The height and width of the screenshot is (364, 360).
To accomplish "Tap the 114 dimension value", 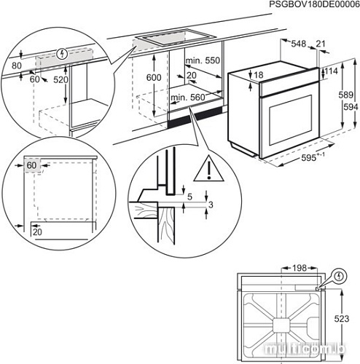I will [x=332, y=71].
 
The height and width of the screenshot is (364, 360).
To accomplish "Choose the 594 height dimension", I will [x=351, y=106].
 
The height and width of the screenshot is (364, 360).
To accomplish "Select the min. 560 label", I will [x=187, y=96].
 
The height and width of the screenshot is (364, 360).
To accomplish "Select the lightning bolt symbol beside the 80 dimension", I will [x=62, y=53].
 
